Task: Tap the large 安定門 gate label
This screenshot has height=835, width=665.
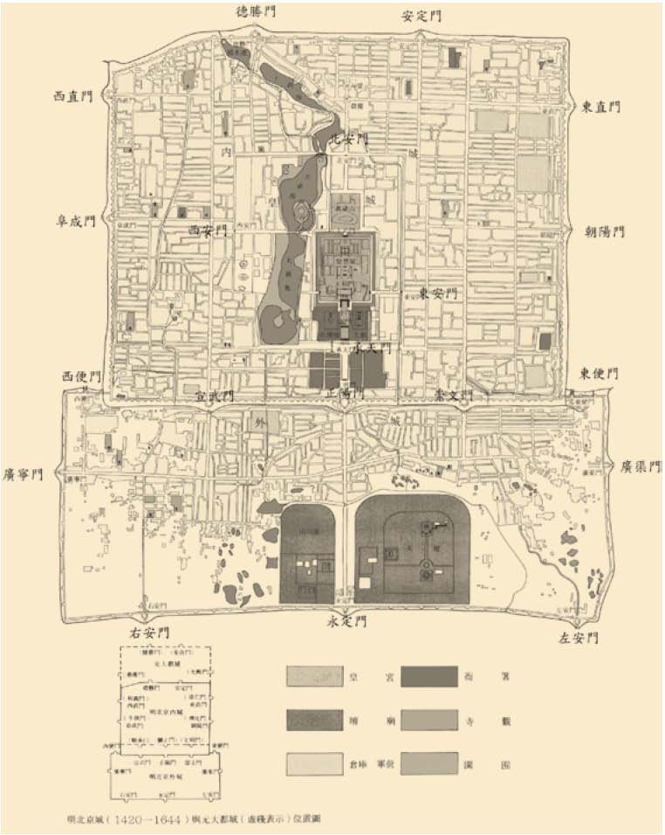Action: click(x=422, y=16)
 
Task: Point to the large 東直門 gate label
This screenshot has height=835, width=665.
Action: click(x=600, y=106)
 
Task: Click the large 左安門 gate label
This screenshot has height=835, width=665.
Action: click(x=579, y=638)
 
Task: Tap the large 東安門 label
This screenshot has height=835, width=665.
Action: click(x=436, y=293)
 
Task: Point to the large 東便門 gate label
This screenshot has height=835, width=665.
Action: click(x=599, y=373)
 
